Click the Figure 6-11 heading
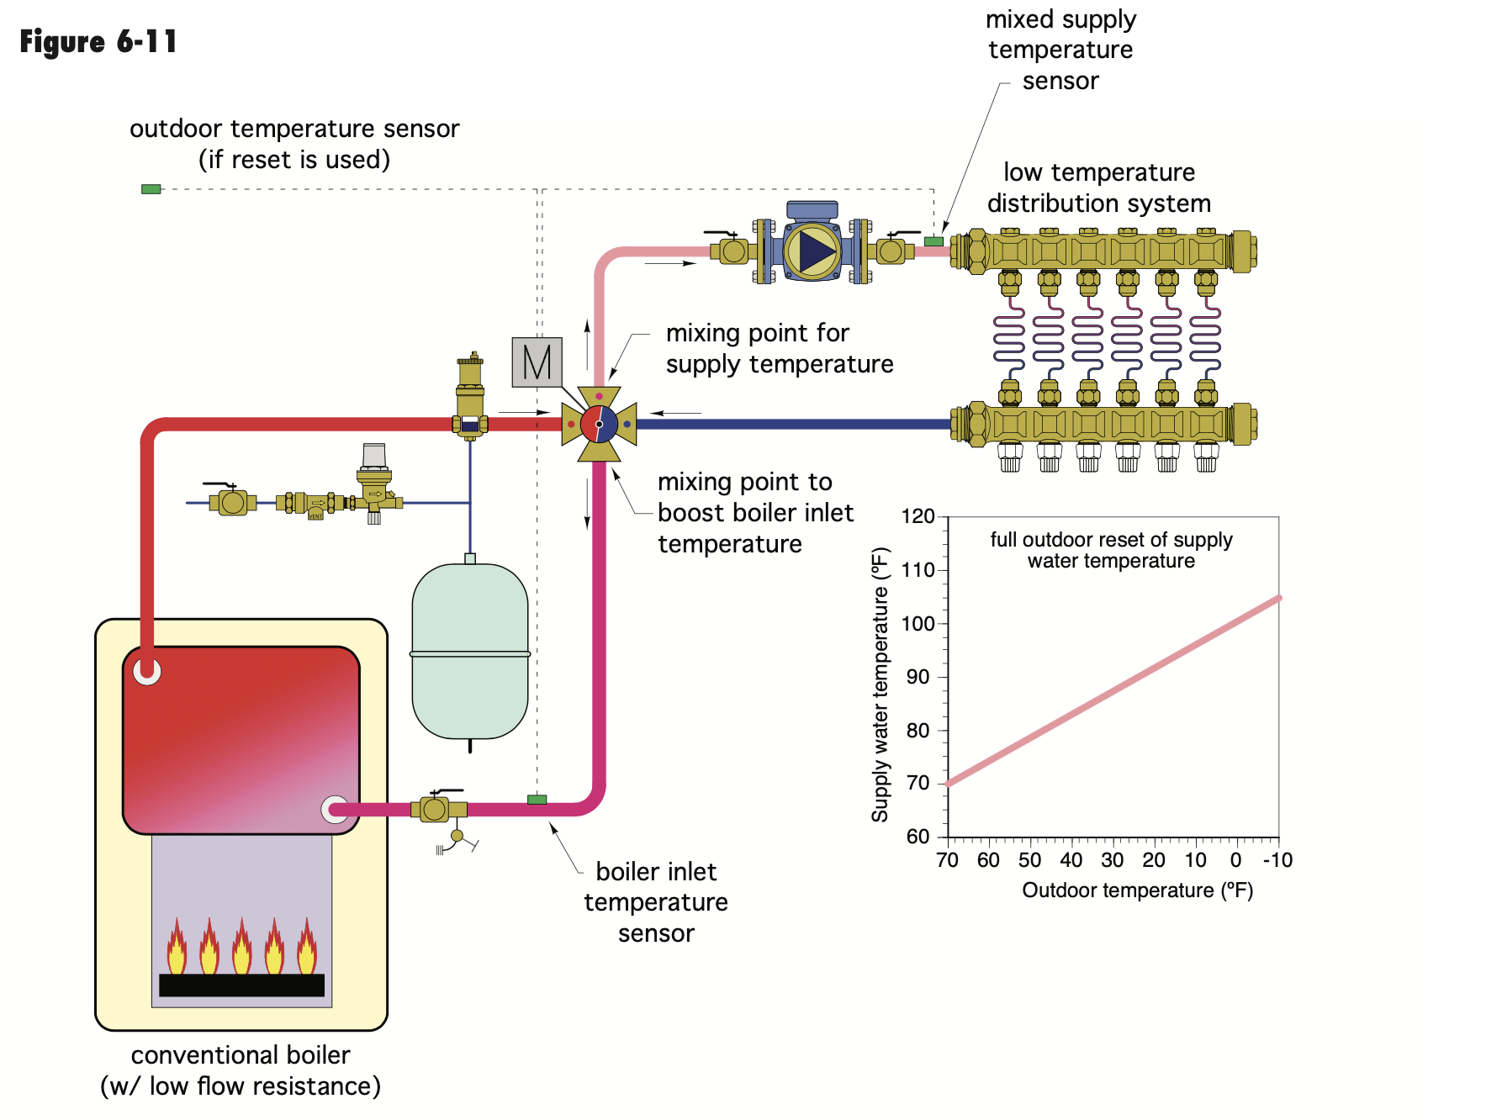click(98, 41)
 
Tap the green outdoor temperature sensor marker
click(151, 189)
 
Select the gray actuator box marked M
click(537, 362)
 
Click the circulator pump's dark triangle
click(815, 251)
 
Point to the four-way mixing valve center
click(599, 424)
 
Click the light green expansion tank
click(470, 652)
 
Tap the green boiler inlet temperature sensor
click(537, 800)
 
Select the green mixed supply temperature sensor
click(933, 241)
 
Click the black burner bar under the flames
click(241, 985)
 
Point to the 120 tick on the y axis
click(918, 516)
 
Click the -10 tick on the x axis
click(1277, 860)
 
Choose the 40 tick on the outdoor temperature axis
click(1071, 860)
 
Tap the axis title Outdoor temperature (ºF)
click(1137, 890)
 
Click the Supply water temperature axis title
click(880, 684)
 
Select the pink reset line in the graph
click(1113, 691)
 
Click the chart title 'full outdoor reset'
click(1111, 550)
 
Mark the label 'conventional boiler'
click(241, 1055)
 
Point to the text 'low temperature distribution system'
click(1099, 188)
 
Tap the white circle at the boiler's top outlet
click(147, 671)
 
